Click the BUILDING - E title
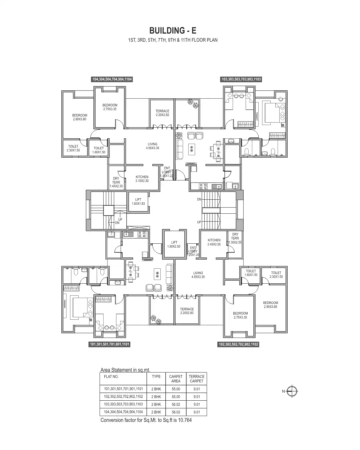coord(173,31)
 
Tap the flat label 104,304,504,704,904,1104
coord(112,79)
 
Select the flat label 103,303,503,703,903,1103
coord(241,79)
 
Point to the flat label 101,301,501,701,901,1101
coord(109,344)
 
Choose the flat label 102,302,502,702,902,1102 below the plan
coord(238,344)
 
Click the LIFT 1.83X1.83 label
coord(138,202)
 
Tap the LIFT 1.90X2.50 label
coord(174,244)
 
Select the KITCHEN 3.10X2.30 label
coord(142,179)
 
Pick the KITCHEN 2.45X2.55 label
coord(214,242)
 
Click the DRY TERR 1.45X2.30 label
coord(116,182)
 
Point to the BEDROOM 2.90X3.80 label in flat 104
coord(80,117)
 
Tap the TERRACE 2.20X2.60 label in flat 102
coord(187,311)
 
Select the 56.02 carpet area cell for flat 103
coord(176,404)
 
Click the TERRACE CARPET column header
coord(196,379)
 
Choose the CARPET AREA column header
coord(176,379)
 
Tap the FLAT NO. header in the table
coord(111,377)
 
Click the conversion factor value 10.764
coord(184,420)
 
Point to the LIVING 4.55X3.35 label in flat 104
coord(152,146)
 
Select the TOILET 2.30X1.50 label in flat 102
coord(276,275)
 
